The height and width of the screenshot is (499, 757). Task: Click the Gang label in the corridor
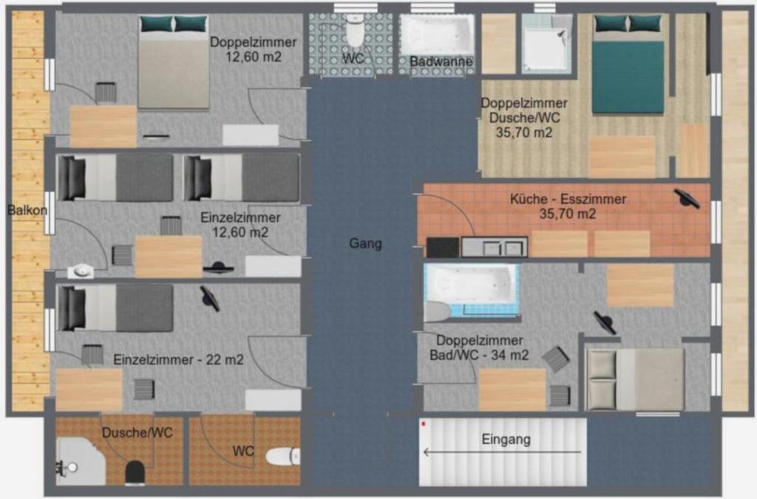[365, 243]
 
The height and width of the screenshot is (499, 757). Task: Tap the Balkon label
[27, 211]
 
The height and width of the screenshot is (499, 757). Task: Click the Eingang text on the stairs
[506, 440]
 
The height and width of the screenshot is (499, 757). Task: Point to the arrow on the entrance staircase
[502, 452]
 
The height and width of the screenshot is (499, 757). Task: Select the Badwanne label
[441, 62]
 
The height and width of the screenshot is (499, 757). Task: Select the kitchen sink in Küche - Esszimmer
[495, 247]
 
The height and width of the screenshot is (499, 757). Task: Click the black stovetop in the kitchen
[443, 248]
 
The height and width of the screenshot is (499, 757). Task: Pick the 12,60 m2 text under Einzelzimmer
[240, 232]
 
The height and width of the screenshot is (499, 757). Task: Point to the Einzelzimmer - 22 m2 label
[178, 360]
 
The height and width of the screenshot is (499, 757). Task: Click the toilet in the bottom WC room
[283, 456]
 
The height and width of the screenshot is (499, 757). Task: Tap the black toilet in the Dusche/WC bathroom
[135, 473]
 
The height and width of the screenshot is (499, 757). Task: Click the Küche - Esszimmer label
[568, 199]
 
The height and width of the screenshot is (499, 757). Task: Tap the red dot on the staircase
[424, 424]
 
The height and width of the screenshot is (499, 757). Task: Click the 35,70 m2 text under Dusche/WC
[524, 132]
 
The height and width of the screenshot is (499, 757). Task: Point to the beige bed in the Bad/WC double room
[634, 380]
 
